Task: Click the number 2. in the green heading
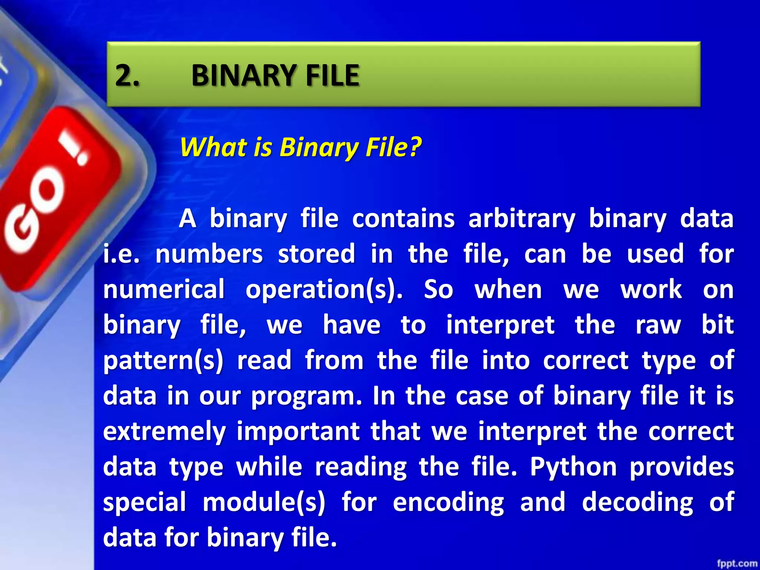(127, 75)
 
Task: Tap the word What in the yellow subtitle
(213, 147)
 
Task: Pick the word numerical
(164, 289)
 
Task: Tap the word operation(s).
(324, 289)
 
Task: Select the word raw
(658, 325)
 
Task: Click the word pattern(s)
(163, 360)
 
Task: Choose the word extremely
(164, 431)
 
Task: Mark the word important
(298, 431)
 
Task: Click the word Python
(573, 467)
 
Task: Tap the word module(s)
(264, 502)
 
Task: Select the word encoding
(448, 502)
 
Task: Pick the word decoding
(637, 502)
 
